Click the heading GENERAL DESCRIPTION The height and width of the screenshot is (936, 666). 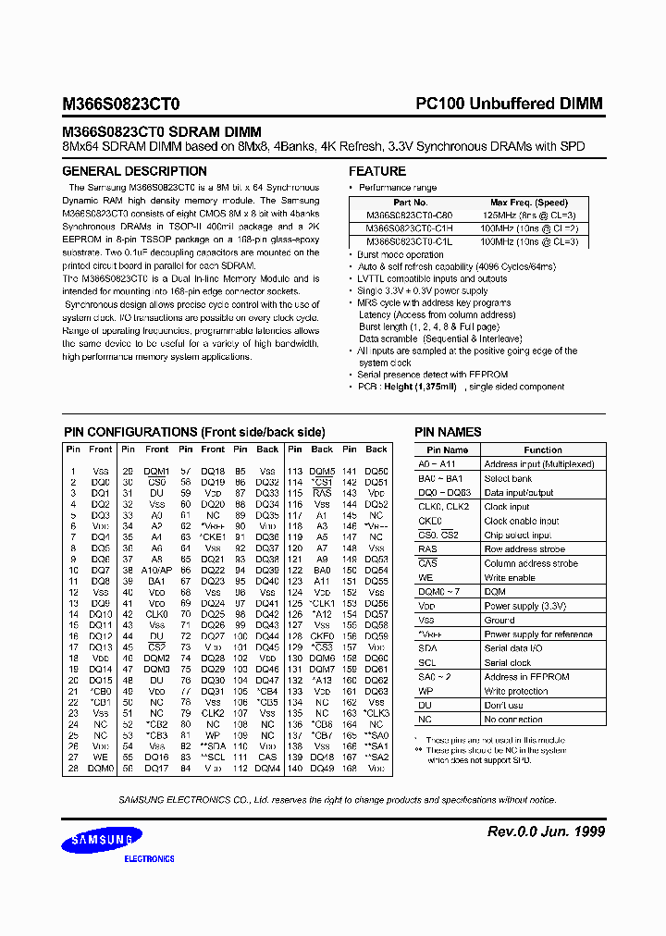134,171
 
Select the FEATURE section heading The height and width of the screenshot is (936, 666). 376,171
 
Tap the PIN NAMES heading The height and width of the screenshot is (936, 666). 448,432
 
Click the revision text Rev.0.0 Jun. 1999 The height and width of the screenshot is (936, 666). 546,831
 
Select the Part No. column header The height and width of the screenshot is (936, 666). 410,203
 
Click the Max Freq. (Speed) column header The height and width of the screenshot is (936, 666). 528,203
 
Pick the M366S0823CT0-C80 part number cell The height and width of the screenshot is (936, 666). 410,216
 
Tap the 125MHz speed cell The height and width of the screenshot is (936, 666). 528,216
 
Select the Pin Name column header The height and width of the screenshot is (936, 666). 448,450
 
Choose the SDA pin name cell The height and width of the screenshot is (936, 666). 428,648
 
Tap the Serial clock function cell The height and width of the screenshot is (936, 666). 508,663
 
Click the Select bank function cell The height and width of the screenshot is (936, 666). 508,478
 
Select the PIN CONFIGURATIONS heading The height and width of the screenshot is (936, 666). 194,432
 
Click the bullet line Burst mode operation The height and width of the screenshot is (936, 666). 400,254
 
